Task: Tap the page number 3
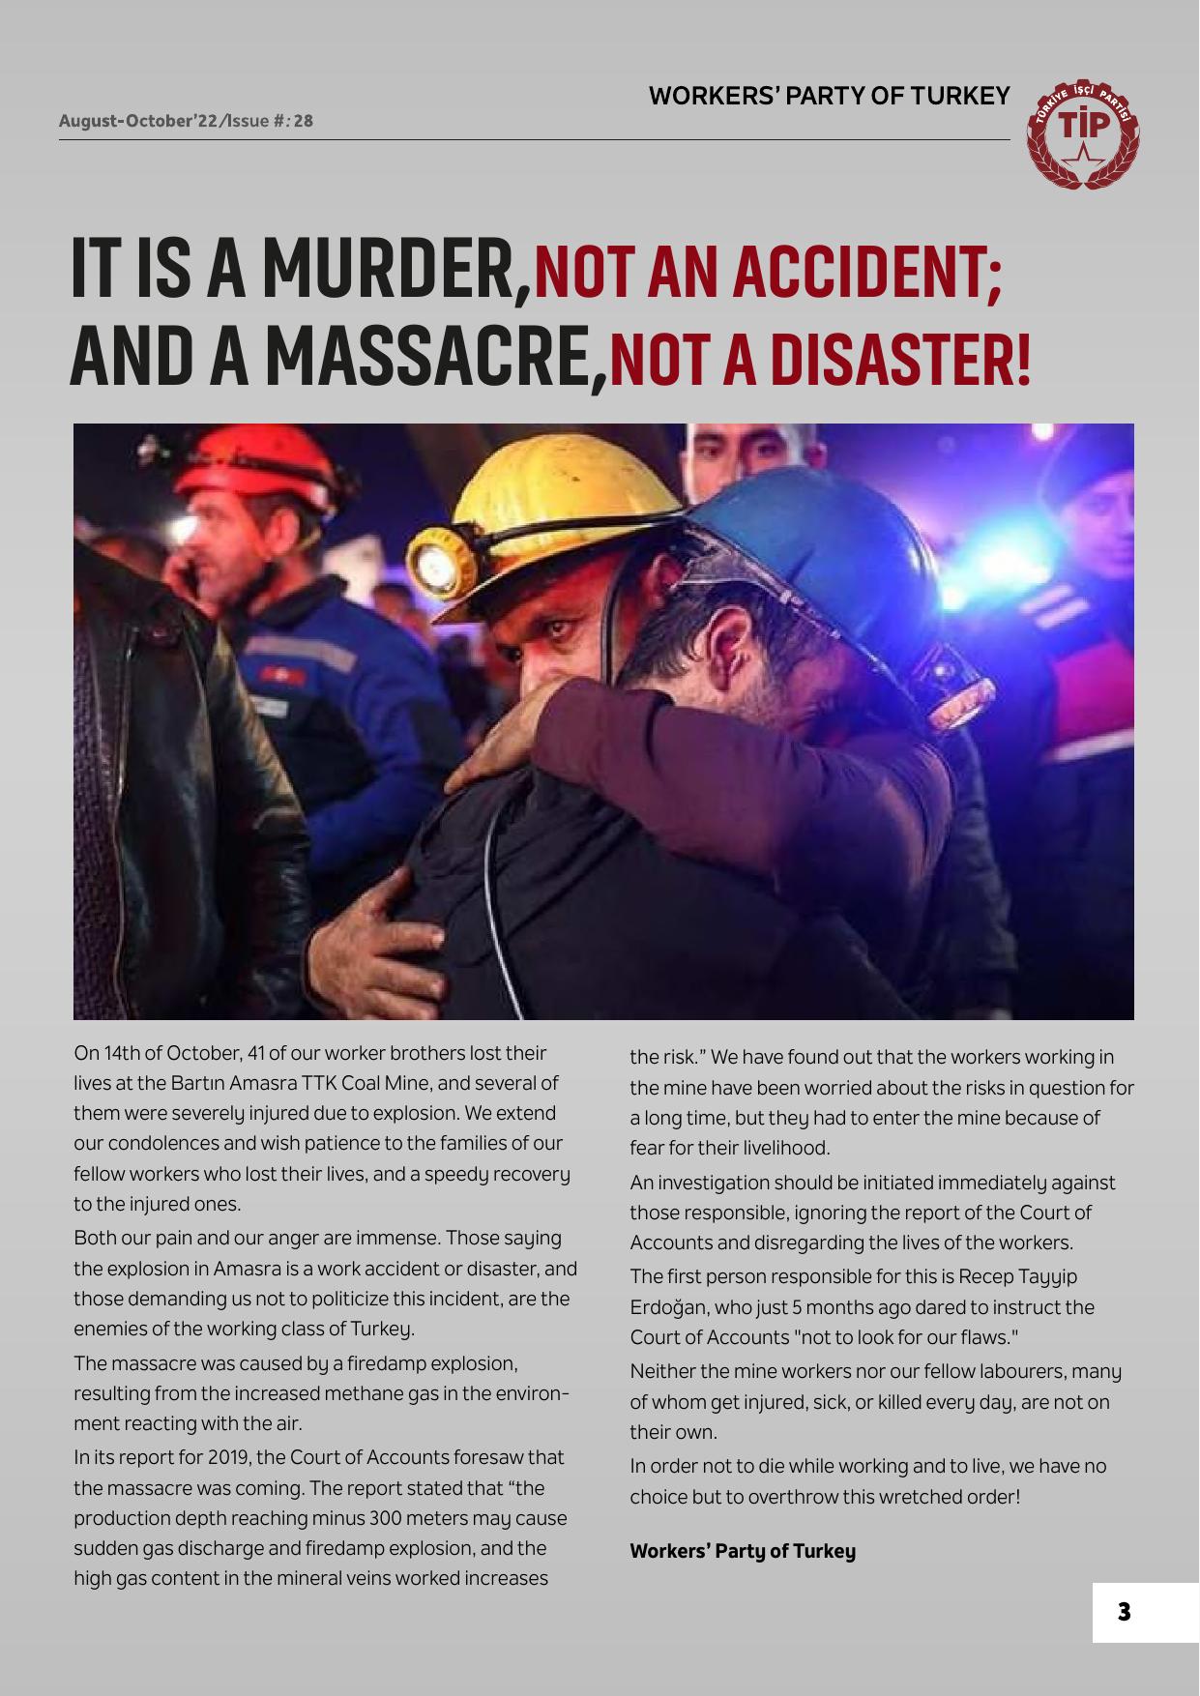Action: (1124, 1612)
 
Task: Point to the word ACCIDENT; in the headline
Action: (866, 274)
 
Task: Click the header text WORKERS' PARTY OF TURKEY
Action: (829, 97)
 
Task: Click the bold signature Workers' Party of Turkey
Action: (743, 1552)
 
